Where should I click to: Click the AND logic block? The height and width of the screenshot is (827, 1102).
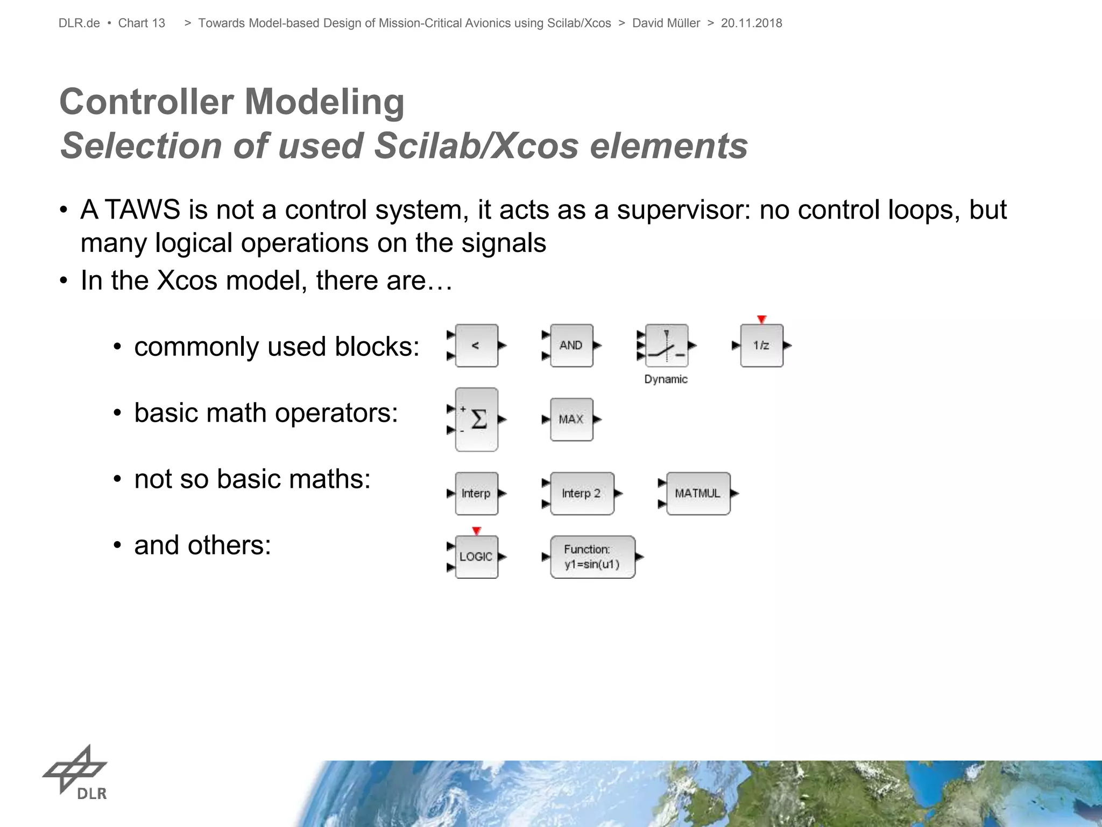(571, 346)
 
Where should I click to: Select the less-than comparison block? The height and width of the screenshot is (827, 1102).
(476, 346)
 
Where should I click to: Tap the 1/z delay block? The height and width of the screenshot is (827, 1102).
(761, 346)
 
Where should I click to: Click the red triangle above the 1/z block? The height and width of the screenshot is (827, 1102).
(761, 319)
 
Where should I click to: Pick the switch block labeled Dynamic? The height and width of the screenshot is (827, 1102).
(667, 346)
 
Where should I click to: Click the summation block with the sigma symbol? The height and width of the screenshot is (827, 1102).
(476, 419)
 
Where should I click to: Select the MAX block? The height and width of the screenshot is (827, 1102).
(571, 419)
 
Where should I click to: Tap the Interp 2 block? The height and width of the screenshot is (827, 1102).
(582, 494)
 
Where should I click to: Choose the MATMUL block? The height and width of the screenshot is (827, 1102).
(698, 494)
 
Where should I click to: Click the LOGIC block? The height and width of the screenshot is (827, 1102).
(476, 557)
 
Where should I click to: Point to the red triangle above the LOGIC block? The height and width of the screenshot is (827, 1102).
(476, 531)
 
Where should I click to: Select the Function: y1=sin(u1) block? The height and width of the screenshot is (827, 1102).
(592, 557)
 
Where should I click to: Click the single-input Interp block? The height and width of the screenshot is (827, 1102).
(476, 494)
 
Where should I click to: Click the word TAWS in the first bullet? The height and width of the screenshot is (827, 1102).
(142, 209)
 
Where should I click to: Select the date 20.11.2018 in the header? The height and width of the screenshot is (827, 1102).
(751, 23)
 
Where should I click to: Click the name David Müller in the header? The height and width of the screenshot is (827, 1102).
(666, 23)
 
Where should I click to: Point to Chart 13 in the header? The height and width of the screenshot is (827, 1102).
(142, 23)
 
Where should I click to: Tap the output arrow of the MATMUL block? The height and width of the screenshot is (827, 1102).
(735, 493)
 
